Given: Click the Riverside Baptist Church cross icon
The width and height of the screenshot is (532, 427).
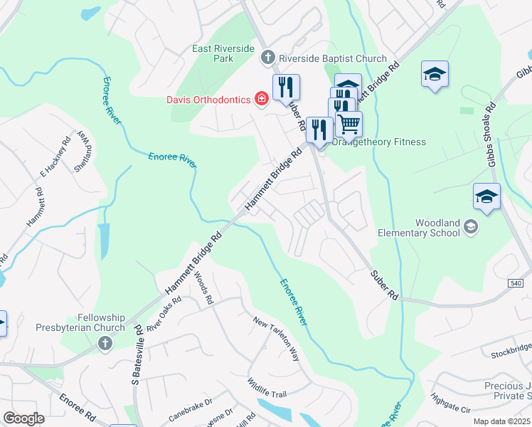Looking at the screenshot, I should (268, 57).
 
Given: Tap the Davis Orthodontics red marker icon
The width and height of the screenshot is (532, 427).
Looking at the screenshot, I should (262, 98).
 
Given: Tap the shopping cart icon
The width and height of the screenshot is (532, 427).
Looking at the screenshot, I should (349, 124).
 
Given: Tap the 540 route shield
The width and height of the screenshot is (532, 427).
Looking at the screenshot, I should (517, 283).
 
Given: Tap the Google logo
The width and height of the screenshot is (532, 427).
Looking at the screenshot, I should (23, 418).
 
